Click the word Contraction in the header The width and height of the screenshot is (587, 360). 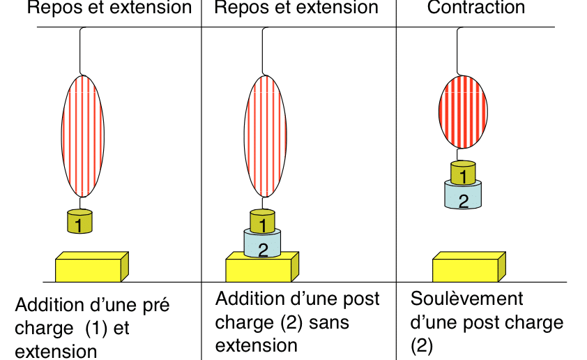tap(476, 7)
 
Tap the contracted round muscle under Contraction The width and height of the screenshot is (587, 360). tap(463, 112)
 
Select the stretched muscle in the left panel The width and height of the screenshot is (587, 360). tap(83, 136)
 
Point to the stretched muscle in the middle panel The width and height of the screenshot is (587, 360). tap(266, 136)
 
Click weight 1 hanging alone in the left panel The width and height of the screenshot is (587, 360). tap(79, 221)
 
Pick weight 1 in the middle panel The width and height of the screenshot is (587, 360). tap(262, 221)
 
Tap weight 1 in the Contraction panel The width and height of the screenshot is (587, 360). tap(463, 173)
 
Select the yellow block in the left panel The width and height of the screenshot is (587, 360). tap(92, 267)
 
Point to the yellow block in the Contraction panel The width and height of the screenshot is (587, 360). tap(469, 267)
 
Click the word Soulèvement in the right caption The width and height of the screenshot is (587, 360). tap(466, 299)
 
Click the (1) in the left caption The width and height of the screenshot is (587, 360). tap(96, 329)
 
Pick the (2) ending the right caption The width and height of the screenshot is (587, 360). tap(422, 345)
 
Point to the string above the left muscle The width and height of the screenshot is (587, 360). tap(80, 51)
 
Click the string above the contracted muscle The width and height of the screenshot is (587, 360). tap(457, 51)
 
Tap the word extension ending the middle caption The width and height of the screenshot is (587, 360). tap(257, 345)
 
